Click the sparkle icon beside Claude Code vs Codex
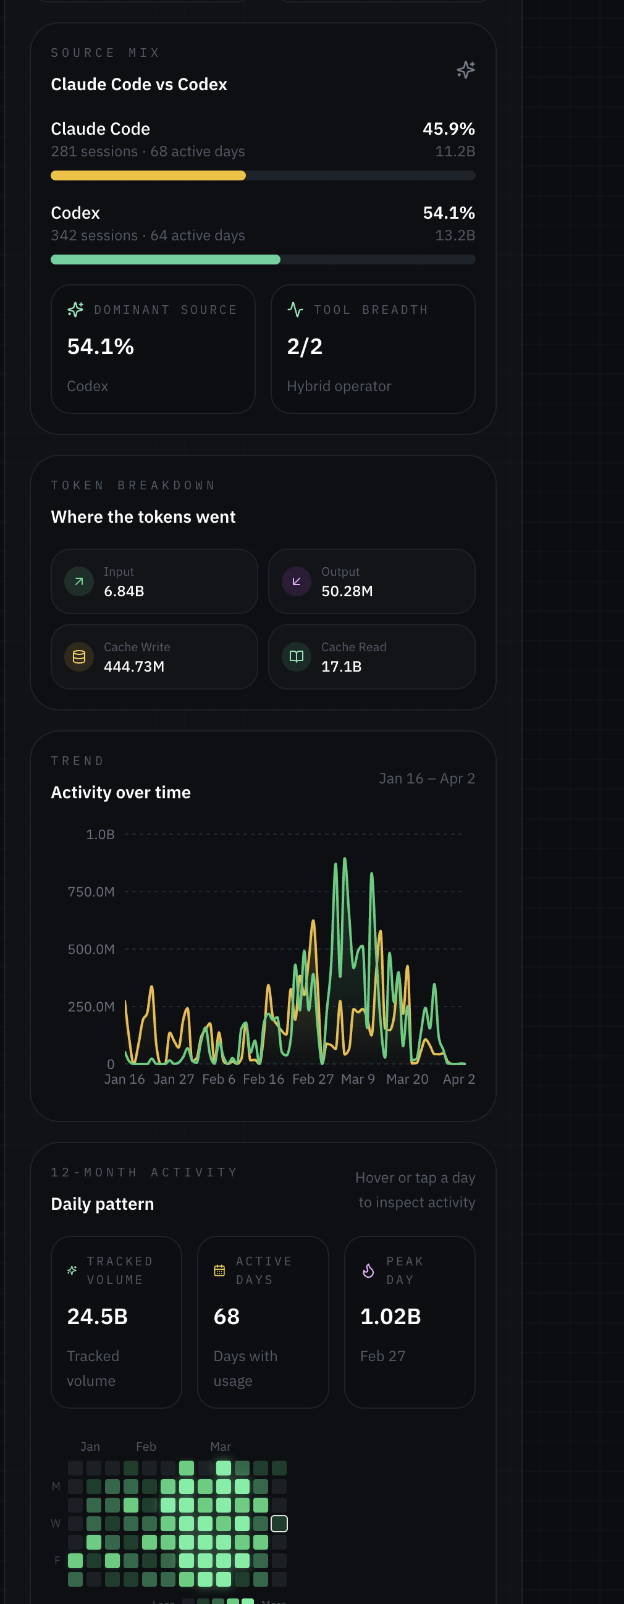click(465, 70)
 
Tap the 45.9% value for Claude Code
click(449, 129)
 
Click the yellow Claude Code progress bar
click(148, 175)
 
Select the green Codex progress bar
click(165, 260)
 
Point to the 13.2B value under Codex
click(455, 235)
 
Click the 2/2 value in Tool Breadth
click(305, 346)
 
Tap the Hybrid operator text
click(339, 386)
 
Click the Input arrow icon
click(79, 581)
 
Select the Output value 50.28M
click(347, 591)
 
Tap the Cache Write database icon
click(79, 657)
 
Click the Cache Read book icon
click(297, 657)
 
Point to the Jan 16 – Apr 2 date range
click(426, 779)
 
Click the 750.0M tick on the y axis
click(91, 892)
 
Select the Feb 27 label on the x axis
click(313, 1079)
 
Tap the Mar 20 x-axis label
click(407, 1079)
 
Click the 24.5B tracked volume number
click(97, 1316)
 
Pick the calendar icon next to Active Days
click(219, 1270)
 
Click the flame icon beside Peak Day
click(368, 1270)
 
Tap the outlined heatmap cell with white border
click(279, 1524)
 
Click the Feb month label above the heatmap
click(146, 1446)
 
